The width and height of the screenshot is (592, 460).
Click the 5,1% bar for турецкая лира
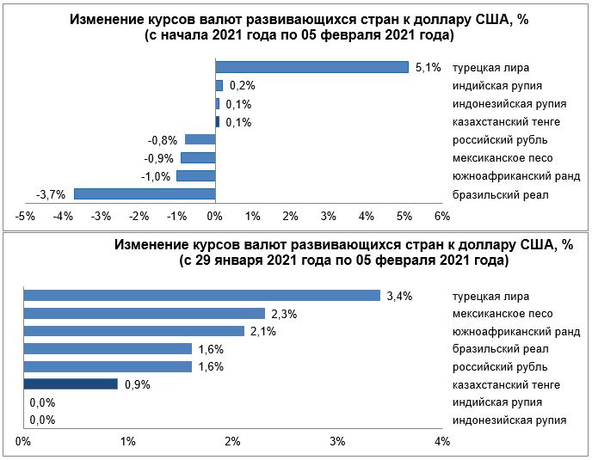[x=311, y=67]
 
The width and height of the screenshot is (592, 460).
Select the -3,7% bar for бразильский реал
[x=145, y=194]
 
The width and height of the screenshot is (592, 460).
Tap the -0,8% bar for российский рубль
[x=200, y=139]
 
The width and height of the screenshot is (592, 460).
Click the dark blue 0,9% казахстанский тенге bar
[x=71, y=384]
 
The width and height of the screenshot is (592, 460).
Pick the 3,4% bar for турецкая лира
[x=201, y=296]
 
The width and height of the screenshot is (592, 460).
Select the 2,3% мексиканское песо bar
[x=144, y=314]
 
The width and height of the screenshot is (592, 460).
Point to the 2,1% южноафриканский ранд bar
[x=133, y=331]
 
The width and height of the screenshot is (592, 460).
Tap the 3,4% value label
[x=400, y=297]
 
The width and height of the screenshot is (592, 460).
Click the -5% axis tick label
[x=25, y=215]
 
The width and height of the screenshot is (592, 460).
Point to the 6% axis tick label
[x=443, y=215]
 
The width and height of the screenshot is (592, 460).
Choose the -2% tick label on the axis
[x=139, y=215]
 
